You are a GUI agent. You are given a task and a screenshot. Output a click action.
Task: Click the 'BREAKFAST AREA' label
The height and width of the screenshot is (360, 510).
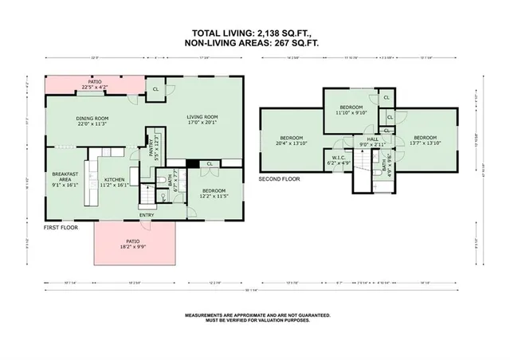pos(64,178)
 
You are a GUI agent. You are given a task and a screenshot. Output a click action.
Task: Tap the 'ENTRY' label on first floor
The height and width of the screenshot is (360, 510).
pos(147,214)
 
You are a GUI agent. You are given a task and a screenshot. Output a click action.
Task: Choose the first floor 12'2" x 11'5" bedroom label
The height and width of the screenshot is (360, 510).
pos(213,192)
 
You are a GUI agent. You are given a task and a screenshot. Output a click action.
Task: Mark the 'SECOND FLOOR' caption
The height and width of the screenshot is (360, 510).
pos(279,180)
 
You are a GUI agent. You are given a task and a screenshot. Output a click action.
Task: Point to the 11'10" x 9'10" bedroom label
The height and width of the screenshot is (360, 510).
pos(351,109)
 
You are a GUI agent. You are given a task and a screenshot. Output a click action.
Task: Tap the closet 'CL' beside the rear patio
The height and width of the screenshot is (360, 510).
pos(155,88)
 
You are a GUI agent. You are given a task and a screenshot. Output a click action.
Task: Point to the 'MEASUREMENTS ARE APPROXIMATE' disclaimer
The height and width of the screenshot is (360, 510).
pos(255,318)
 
